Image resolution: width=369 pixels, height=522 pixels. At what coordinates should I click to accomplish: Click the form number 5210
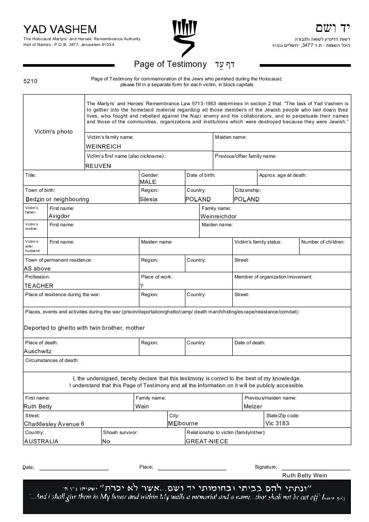click(x=31, y=81)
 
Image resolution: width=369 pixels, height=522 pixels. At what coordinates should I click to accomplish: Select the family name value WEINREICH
click(x=103, y=146)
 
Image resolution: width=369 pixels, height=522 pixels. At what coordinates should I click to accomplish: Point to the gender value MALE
click(x=148, y=182)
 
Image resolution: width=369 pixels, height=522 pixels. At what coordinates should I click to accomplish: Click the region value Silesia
click(x=148, y=199)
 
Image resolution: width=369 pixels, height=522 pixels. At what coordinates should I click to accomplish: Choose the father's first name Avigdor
click(x=59, y=216)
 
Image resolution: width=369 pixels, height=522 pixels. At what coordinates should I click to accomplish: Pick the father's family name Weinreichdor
click(x=219, y=216)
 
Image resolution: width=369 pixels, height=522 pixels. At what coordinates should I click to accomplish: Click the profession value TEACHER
click(x=38, y=286)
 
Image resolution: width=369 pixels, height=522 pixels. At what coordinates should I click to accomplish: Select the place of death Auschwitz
click(x=38, y=351)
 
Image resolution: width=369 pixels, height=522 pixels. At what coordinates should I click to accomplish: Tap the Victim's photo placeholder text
click(x=54, y=131)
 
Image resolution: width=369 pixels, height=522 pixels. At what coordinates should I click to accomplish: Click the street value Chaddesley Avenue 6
click(x=54, y=424)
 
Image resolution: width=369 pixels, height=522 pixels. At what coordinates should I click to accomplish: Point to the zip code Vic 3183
click(x=277, y=423)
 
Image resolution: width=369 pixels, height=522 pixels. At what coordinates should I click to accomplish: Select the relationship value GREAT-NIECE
click(x=207, y=441)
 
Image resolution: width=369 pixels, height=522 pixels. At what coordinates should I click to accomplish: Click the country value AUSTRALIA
click(x=41, y=441)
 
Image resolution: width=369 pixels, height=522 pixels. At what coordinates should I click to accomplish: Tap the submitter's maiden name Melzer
click(x=253, y=406)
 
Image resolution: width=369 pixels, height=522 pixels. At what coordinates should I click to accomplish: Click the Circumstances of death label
click(x=52, y=360)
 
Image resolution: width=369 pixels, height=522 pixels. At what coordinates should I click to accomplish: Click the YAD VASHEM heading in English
click(x=60, y=30)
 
